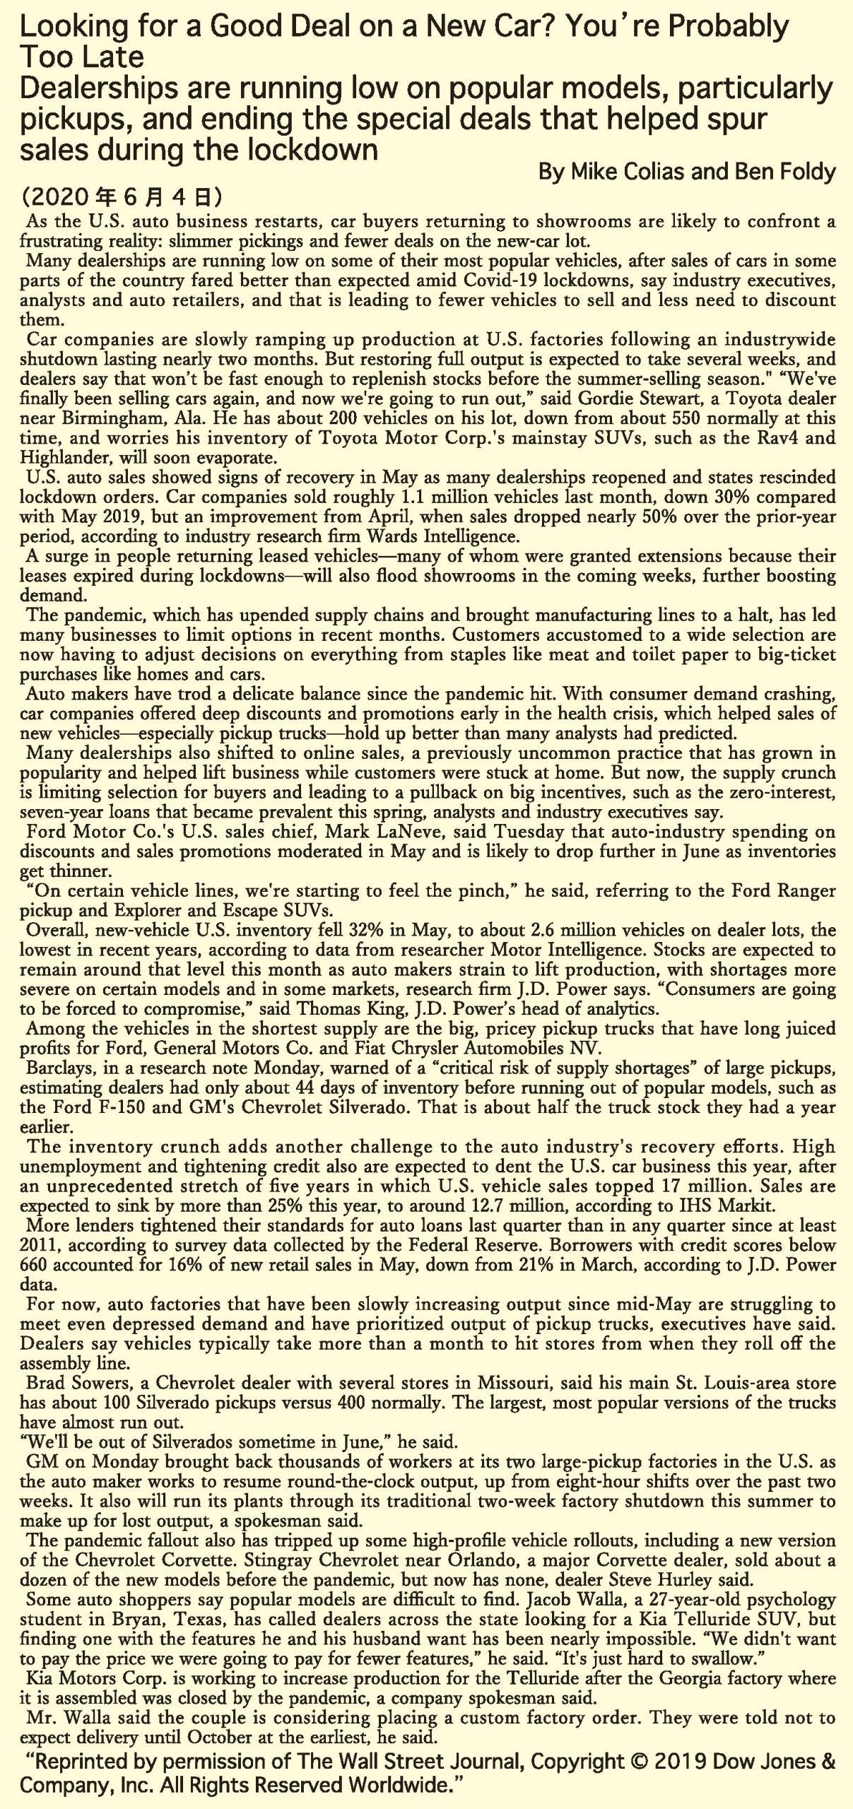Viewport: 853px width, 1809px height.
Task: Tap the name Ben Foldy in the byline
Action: pos(784,172)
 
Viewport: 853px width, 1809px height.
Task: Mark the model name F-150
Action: pos(115,1107)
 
